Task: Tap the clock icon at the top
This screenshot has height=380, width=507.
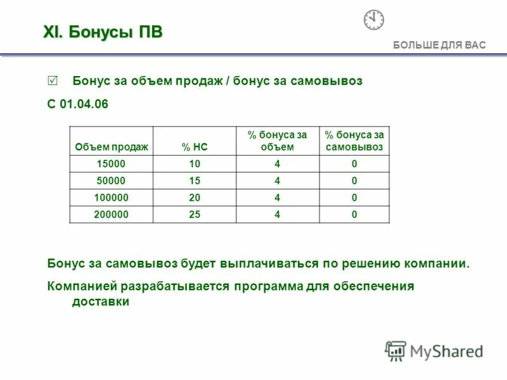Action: point(374,20)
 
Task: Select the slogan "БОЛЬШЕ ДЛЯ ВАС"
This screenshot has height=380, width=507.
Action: point(439,45)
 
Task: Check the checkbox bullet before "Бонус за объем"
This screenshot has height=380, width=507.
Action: point(53,81)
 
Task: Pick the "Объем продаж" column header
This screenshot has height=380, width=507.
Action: point(111,147)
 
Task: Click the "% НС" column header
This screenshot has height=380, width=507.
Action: point(195,147)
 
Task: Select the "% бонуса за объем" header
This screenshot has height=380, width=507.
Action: point(277,141)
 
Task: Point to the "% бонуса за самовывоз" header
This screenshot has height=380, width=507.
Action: point(354,141)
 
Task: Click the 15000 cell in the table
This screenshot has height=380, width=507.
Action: point(111,164)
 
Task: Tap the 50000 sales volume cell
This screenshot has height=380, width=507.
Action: point(111,181)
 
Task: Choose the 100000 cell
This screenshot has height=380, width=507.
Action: point(111,198)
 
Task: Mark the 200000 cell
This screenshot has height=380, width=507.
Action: point(111,215)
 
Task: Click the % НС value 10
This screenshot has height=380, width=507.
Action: point(195,164)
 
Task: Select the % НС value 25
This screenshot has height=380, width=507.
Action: point(195,215)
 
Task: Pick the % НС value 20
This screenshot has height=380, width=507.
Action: point(195,198)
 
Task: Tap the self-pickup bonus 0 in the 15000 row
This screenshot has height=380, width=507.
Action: point(354,164)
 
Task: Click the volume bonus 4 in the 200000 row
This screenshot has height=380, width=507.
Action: point(277,215)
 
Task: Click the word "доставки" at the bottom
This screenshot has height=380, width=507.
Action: point(101,302)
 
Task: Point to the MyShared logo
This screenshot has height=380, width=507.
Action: point(434,350)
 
